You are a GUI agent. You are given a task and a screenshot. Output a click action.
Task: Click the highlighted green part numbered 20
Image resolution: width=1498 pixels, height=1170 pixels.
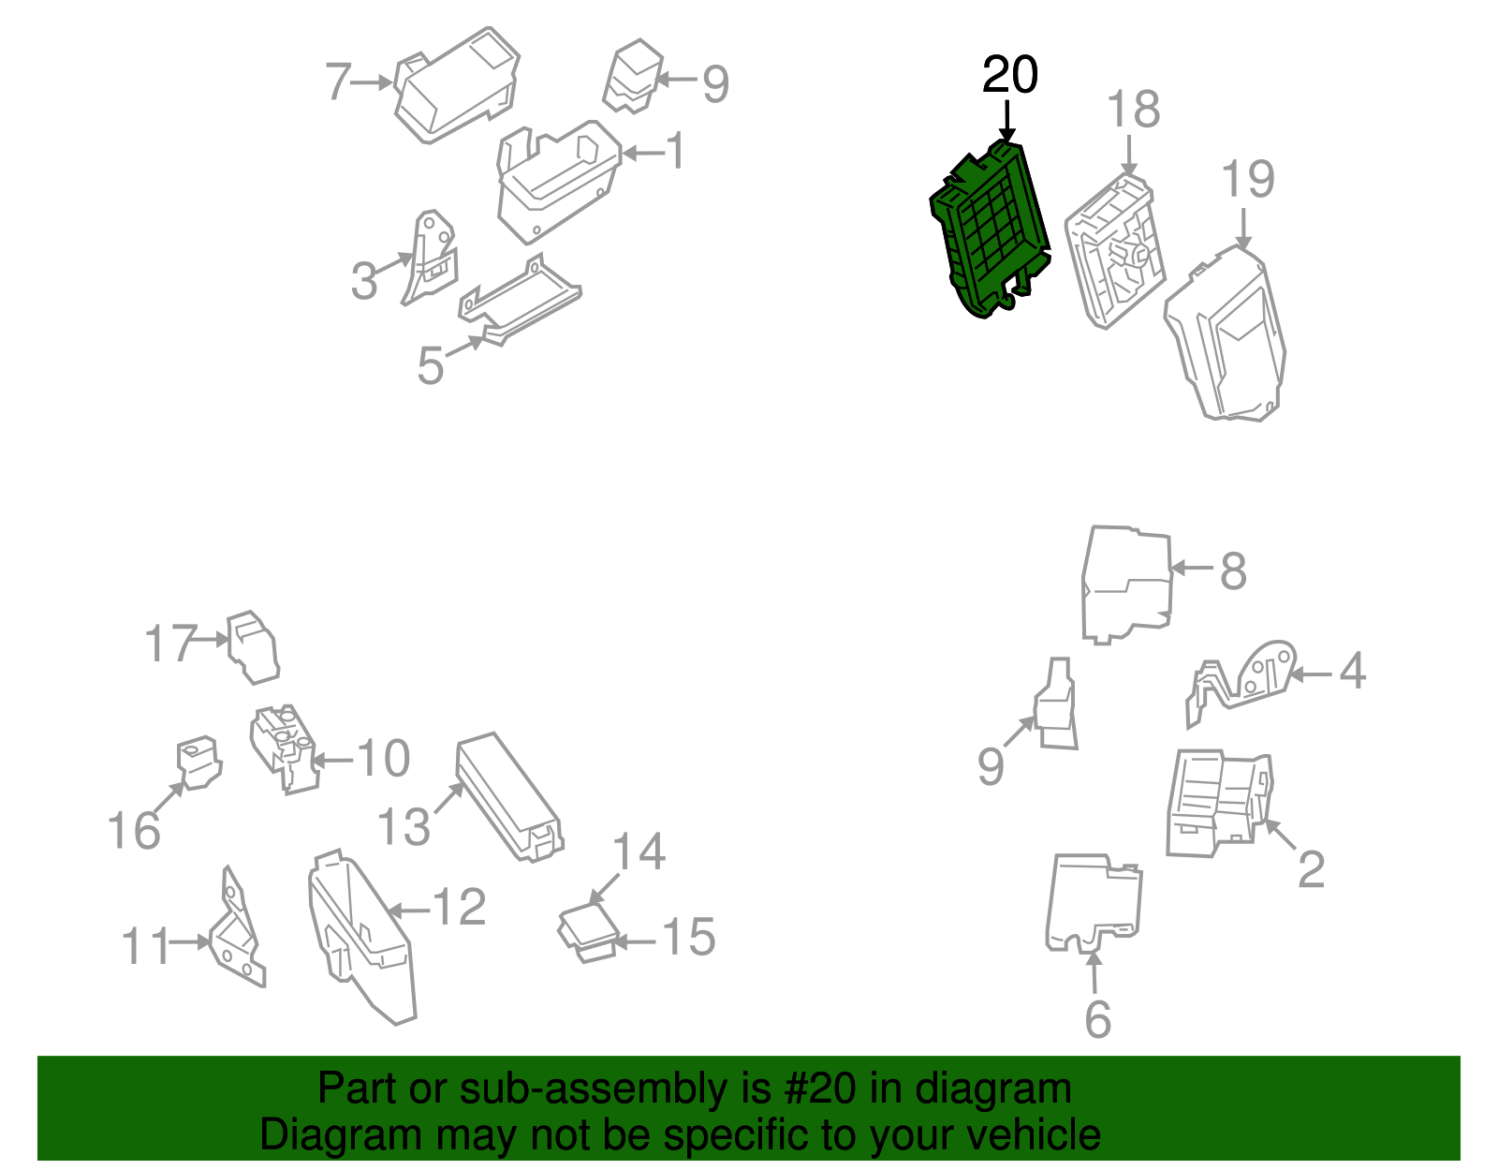point(990,229)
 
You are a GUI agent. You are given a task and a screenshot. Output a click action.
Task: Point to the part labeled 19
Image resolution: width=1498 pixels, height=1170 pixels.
point(1225,334)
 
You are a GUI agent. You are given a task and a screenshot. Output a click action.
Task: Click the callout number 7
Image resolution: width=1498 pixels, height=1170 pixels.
point(339,81)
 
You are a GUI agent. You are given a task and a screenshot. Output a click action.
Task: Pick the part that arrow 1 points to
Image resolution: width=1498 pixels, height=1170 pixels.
point(558,182)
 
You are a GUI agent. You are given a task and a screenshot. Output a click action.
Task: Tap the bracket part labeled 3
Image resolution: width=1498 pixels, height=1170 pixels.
point(430,258)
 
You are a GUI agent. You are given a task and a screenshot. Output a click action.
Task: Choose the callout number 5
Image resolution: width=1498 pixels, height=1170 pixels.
point(431,365)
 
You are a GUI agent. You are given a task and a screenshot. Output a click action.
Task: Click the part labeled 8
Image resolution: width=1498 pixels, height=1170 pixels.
point(1126,585)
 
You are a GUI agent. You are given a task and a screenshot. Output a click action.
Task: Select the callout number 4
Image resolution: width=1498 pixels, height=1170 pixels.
point(1353,670)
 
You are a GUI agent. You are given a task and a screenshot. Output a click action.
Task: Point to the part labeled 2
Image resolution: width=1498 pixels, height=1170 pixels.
point(1219,804)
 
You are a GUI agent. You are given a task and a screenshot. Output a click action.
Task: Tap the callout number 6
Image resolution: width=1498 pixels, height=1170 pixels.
point(1097,1019)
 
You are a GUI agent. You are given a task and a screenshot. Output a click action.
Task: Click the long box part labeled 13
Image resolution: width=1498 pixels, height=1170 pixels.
point(509,796)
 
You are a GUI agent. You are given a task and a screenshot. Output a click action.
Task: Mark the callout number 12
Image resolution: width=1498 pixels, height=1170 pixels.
point(460,906)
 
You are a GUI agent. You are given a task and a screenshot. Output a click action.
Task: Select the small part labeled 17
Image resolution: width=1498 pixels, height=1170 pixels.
point(253,647)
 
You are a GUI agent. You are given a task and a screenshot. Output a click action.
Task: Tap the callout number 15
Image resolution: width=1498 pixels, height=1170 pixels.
point(689,937)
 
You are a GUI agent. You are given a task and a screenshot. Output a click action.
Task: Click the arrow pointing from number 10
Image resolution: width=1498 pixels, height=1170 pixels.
point(333,762)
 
